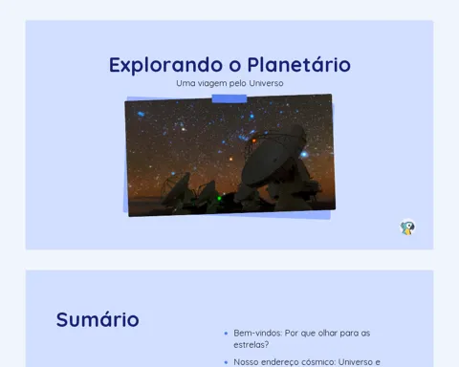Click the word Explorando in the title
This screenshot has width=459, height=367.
pos(165,65)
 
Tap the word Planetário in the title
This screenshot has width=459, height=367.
pos(299,65)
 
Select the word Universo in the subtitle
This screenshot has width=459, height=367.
pos(266,83)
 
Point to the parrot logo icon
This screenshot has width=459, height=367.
pos(407,227)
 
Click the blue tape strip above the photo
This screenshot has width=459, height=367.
pos(229,98)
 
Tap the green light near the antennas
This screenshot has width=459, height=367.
pos(219,199)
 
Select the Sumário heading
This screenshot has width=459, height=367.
pos(98,319)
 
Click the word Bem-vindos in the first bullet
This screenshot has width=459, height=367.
pos(257,333)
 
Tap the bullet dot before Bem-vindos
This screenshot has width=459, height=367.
pos(226,334)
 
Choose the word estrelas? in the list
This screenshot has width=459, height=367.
pos(251,345)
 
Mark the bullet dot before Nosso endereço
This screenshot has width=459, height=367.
pos(226,362)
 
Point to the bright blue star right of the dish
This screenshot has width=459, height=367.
pos(304,155)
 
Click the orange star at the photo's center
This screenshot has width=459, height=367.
pos(231,159)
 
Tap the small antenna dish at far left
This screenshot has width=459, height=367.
pos(176,188)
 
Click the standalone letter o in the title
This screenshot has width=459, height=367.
pos(235,66)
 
